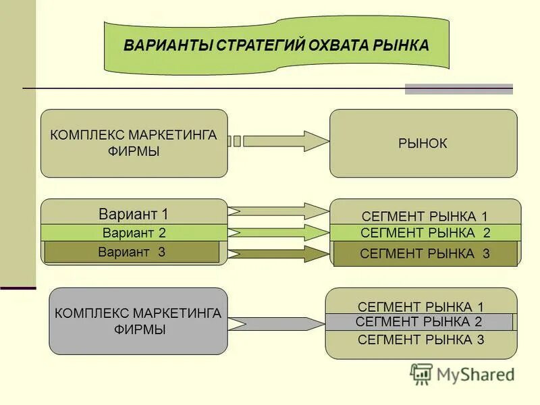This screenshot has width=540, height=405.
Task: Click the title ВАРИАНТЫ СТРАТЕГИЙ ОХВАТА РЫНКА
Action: pyautogui.click(x=276, y=46)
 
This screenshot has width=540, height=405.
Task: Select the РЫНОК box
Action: pyautogui.click(x=423, y=143)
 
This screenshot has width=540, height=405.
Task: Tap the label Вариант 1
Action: pyautogui.click(x=134, y=215)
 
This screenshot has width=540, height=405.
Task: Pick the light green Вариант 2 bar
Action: pyautogui.click(x=134, y=233)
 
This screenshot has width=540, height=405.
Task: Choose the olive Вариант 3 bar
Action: pyautogui.click(x=132, y=252)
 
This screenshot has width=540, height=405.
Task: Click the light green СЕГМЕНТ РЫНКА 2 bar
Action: pyautogui.click(x=425, y=234)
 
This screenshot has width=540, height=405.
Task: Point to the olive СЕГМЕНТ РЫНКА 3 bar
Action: pyautogui.click(x=425, y=254)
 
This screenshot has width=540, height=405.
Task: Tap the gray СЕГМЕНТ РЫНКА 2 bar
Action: pyautogui.click(x=418, y=322)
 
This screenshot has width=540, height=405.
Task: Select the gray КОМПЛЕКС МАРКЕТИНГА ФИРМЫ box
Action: pyautogui.click(x=138, y=321)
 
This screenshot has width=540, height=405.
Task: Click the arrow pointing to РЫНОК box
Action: pyautogui.click(x=283, y=141)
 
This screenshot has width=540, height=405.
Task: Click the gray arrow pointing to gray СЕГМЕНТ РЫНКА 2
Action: pyautogui.click(x=277, y=323)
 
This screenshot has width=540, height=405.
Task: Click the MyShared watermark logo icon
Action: pyautogui.click(x=421, y=373)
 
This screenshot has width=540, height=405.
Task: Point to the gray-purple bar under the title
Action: pyautogui.click(x=458, y=88)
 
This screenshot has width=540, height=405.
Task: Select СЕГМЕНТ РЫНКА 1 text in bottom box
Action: pyautogui.click(x=421, y=306)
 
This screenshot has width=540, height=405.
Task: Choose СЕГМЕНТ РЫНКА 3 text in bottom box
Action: pyautogui.click(x=421, y=340)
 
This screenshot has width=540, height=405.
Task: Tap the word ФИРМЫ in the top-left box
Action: pyautogui.click(x=133, y=151)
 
